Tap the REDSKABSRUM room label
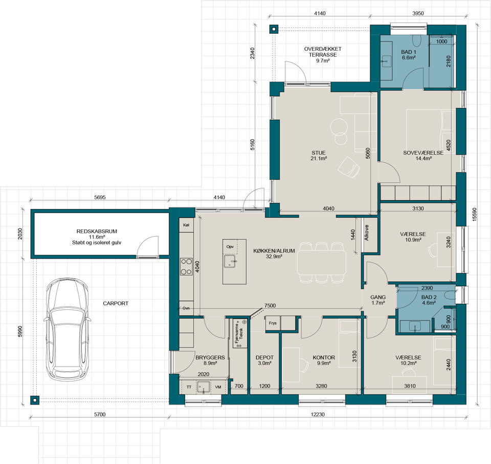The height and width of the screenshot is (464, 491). pyautogui.click(x=97, y=231)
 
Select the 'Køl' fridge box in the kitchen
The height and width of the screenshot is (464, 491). pyautogui.click(x=186, y=225)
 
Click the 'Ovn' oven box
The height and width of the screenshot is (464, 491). pyautogui.click(x=186, y=308)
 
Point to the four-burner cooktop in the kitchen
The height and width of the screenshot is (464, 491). pyautogui.click(x=186, y=266)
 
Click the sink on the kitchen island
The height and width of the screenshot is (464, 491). pyautogui.click(x=230, y=262)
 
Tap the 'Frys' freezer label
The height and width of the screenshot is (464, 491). pyautogui.click(x=273, y=323)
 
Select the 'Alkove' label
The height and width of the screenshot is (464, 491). pyautogui.click(x=367, y=233)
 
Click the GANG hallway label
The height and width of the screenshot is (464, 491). pyautogui.click(x=378, y=297)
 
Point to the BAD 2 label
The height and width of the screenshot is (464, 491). pyautogui.click(x=429, y=297)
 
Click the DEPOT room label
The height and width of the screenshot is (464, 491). pyautogui.click(x=264, y=357)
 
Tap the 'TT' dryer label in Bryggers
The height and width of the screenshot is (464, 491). pyautogui.click(x=189, y=387)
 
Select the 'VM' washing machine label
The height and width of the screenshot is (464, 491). pyautogui.click(x=218, y=387)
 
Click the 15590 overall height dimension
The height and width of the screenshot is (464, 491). pyautogui.click(x=475, y=215)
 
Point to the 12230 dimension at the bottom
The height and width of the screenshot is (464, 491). pyautogui.click(x=318, y=414)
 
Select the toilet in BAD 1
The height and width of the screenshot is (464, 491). pyautogui.click(x=417, y=40)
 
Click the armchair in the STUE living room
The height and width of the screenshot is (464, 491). pyautogui.click(x=348, y=167)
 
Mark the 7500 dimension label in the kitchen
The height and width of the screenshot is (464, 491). pyautogui.click(x=270, y=305)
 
